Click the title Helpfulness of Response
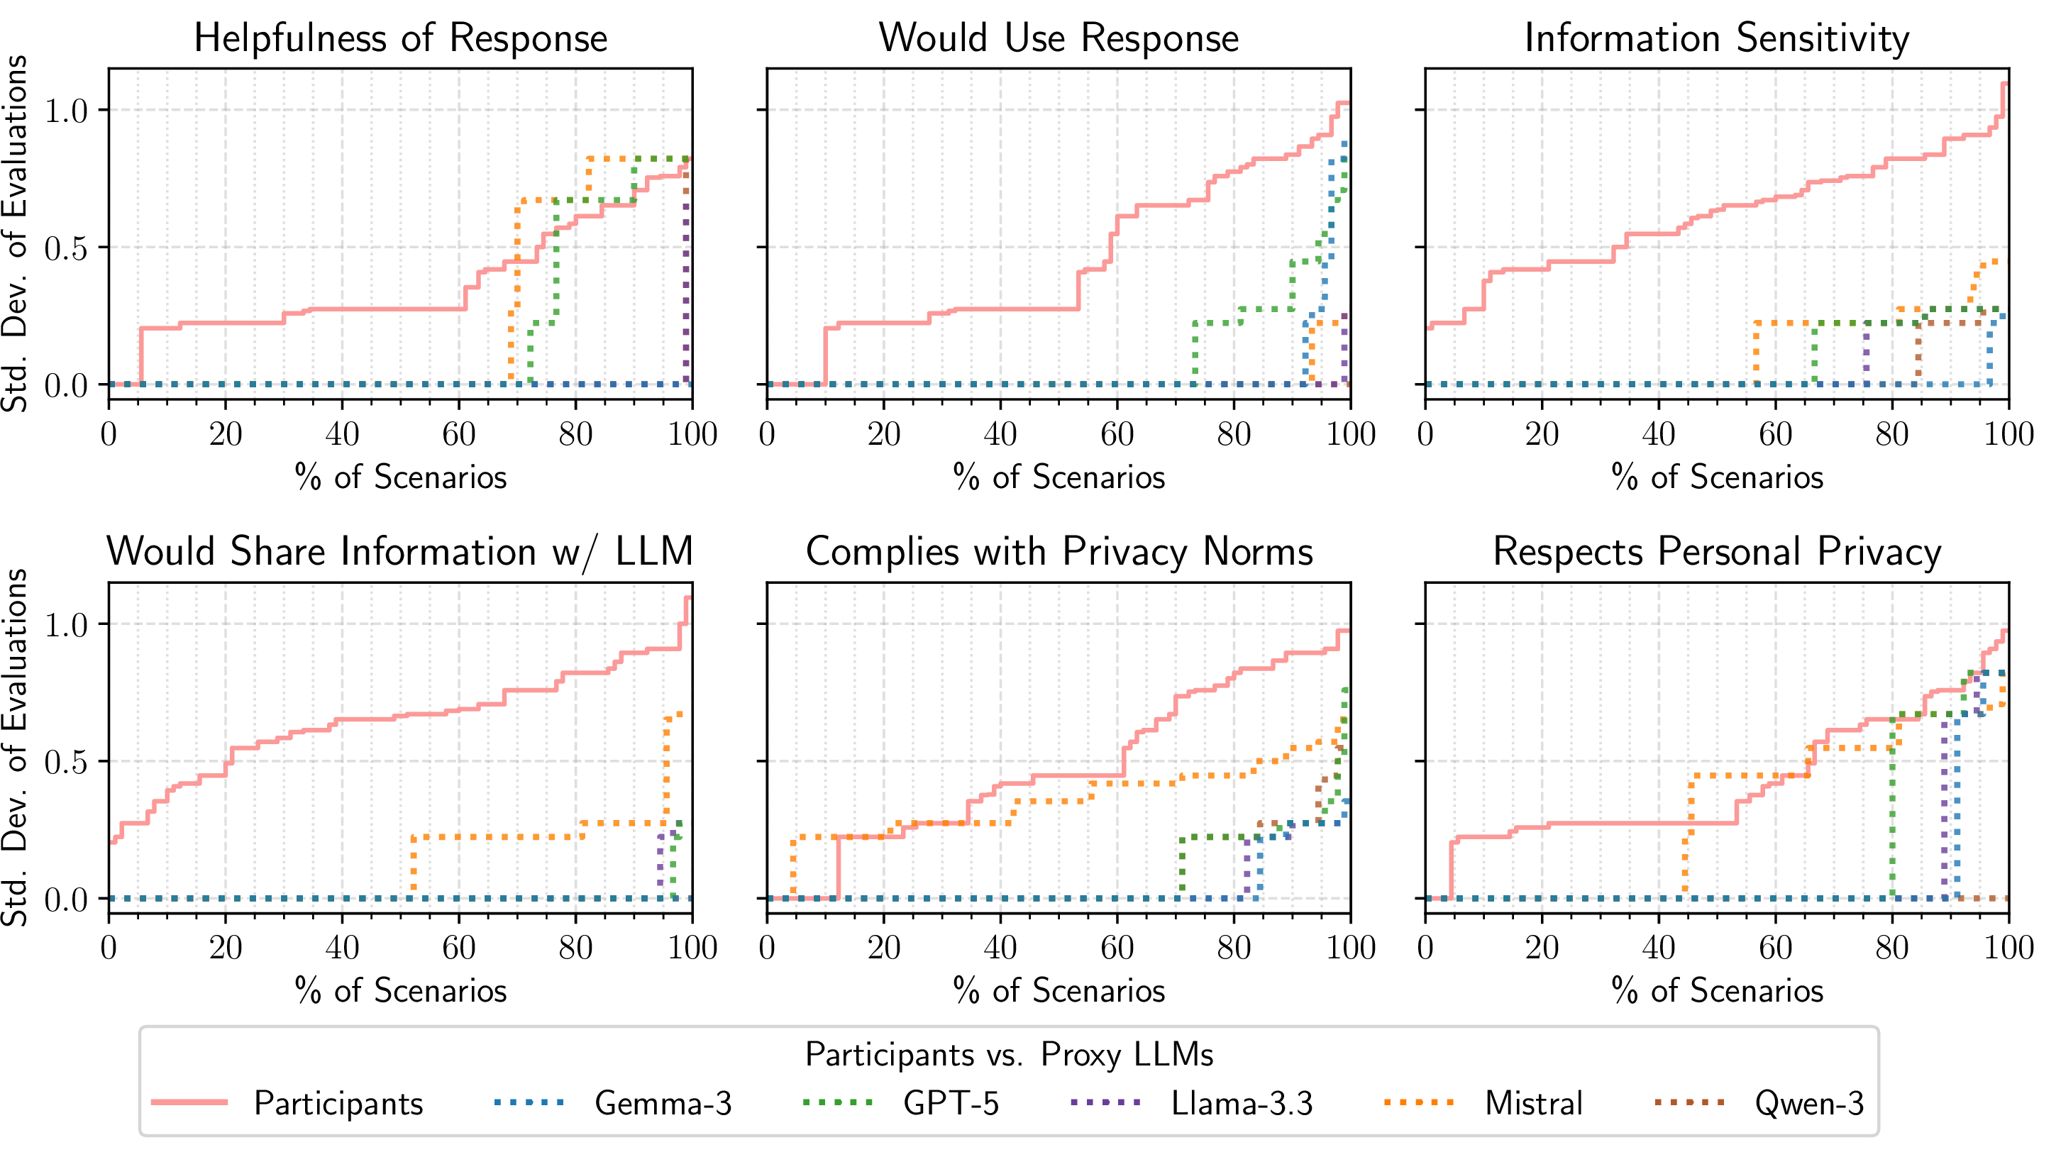click(x=401, y=38)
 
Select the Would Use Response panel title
click(x=1059, y=38)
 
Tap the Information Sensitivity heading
click(x=1717, y=38)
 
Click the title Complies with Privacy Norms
click(x=1059, y=552)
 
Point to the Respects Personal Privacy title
click(x=1717, y=552)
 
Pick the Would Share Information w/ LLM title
click(x=401, y=552)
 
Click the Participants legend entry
click(x=338, y=1104)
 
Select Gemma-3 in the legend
click(x=663, y=1104)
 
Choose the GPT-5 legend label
click(x=951, y=1104)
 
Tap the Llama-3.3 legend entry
click(x=1241, y=1104)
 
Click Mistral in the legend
click(x=1533, y=1104)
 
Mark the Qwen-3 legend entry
click(x=1808, y=1104)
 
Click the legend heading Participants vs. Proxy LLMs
click(x=1009, y=1055)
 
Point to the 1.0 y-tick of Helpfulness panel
click(x=65, y=111)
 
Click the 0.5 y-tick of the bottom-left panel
click(x=65, y=763)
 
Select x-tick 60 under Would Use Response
click(x=1117, y=435)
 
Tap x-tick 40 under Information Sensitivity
click(x=1659, y=435)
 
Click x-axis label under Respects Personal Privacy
click(x=1717, y=991)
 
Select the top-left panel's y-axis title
click(x=16, y=233)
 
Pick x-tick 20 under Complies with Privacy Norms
click(x=883, y=948)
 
